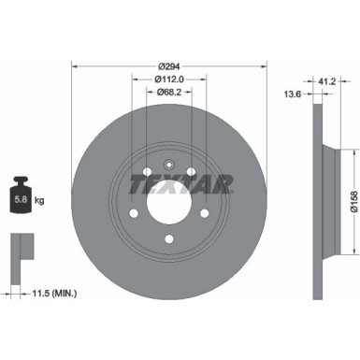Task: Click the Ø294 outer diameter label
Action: (x=169, y=65)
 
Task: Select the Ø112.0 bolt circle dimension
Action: (x=169, y=79)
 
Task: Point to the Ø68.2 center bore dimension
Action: (x=169, y=94)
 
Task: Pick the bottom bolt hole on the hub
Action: (x=169, y=238)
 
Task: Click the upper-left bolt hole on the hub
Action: (x=148, y=171)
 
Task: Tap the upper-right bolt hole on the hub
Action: (x=191, y=171)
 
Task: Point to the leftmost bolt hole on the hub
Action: (x=135, y=212)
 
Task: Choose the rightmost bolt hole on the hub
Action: (x=204, y=212)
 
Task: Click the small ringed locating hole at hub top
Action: (x=169, y=165)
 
